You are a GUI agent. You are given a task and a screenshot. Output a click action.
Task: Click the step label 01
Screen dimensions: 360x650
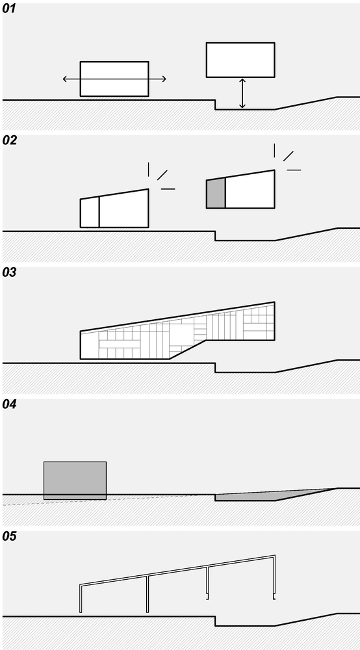pos(8,8)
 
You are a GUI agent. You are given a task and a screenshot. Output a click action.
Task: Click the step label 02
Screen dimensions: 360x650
pos(10,140)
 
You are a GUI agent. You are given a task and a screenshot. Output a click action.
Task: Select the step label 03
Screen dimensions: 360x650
pos(10,272)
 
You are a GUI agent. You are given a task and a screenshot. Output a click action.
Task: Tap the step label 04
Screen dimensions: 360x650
pos(10,404)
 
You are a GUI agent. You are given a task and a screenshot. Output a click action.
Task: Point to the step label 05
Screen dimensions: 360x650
pos(10,536)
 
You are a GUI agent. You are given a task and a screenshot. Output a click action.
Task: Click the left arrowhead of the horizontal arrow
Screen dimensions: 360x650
pos(64,79)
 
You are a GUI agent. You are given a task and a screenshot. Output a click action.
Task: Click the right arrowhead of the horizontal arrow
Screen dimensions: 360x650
pos(164,79)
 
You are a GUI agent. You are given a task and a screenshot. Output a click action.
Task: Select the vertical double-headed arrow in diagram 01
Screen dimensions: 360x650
pos(242,93)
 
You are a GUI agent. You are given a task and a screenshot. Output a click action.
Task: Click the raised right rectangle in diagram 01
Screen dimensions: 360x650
pos(240,60)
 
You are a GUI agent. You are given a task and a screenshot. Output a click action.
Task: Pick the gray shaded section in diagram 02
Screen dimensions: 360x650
pos(216,193)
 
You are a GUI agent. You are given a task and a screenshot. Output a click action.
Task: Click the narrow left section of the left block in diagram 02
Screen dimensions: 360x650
pos(90,213)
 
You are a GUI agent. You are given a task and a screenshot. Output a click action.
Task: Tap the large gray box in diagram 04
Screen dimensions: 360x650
pos(75,480)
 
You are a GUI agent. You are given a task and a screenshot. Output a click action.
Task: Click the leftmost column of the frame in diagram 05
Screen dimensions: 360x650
pos(81,599)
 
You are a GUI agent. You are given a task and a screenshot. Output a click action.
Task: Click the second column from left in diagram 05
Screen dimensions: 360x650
pos(148,593)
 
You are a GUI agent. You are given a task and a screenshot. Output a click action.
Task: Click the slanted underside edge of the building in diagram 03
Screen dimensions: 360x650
pos(188,350)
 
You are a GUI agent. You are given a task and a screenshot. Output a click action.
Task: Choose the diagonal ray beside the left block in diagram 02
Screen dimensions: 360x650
pos(162,175)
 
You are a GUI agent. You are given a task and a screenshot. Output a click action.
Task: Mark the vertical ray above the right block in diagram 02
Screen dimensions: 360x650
pos(274,151)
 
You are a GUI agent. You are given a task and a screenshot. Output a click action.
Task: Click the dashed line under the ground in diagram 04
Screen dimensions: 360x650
pos(99,500)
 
